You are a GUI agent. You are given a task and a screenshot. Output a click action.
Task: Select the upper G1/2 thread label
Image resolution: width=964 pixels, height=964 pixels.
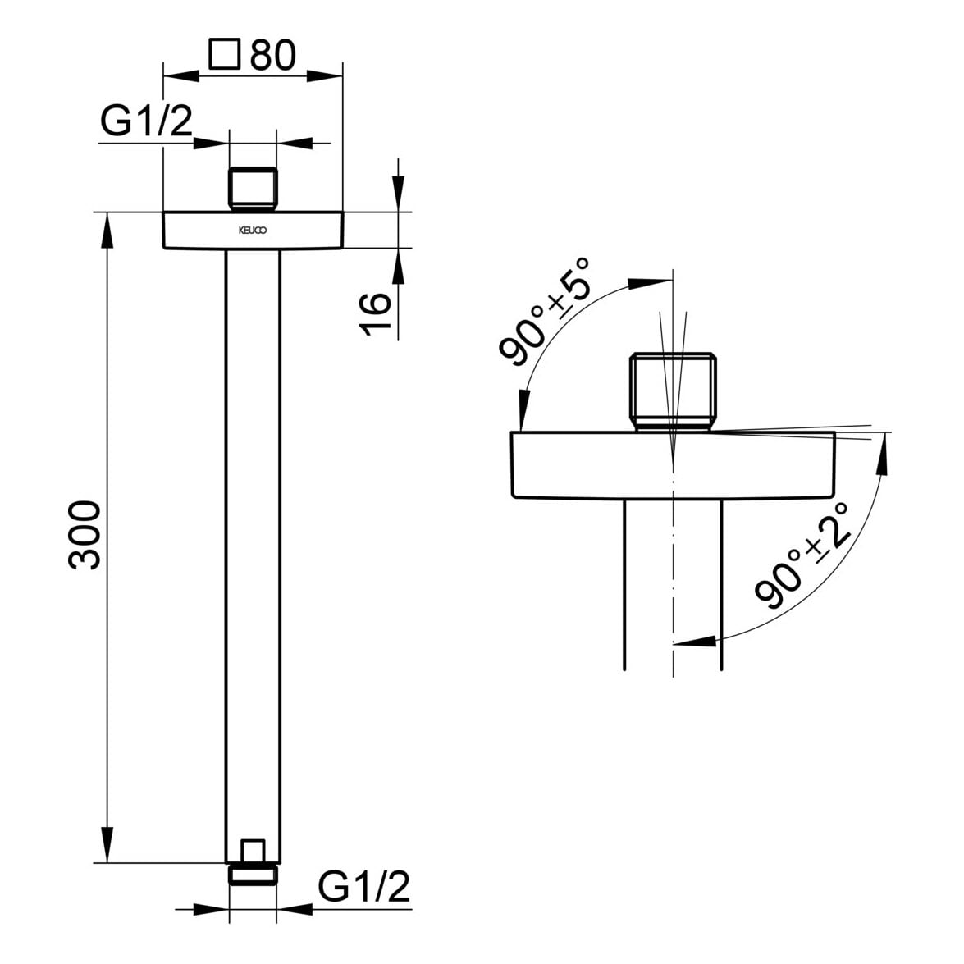coord(146,121)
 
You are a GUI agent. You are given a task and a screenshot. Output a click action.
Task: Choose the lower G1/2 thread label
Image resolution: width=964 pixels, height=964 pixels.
coord(363,887)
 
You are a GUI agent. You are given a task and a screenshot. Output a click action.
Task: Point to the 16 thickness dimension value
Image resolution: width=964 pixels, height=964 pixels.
coord(376,313)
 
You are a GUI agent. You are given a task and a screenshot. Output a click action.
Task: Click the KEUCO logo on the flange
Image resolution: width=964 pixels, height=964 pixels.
coord(253,231)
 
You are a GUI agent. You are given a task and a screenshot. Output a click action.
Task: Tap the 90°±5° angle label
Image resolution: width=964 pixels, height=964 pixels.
coord(545,312)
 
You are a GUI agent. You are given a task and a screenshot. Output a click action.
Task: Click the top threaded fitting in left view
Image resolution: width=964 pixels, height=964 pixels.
coord(253,190)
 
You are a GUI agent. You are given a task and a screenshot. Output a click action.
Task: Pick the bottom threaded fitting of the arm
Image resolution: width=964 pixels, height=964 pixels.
coord(253,864)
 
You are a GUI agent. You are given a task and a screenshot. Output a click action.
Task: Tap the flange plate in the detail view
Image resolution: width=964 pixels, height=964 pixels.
coord(673,464)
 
